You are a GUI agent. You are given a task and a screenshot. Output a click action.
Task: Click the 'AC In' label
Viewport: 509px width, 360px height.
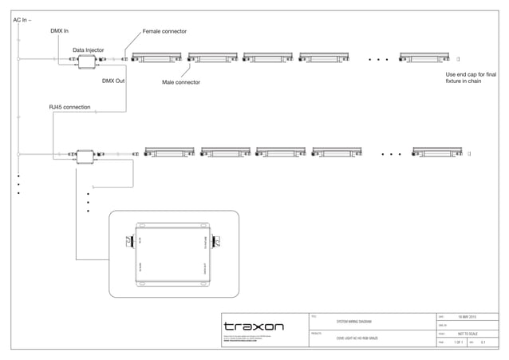tap(22, 19)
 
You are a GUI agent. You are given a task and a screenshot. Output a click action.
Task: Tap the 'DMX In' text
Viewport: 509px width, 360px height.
tap(59, 31)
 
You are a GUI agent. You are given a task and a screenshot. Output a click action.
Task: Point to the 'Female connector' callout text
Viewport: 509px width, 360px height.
tap(164, 31)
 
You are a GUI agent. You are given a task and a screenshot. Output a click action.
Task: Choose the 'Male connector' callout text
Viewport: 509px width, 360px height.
tap(180, 82)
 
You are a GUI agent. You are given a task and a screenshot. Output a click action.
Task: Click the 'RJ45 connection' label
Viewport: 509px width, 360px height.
tap(69, 107)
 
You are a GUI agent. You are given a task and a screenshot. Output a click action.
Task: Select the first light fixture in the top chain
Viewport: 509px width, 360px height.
tap(156, 57)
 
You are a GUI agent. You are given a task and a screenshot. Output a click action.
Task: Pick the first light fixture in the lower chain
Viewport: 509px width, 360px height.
tap(170, 152)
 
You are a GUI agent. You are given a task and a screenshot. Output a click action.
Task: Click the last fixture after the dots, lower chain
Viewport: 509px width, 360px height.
tap(437, 152)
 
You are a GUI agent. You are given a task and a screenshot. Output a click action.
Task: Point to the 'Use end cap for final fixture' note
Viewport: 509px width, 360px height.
tap(471, 77)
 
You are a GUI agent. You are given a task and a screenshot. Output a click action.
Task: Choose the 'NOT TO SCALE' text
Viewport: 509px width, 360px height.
tap(468, 334)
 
